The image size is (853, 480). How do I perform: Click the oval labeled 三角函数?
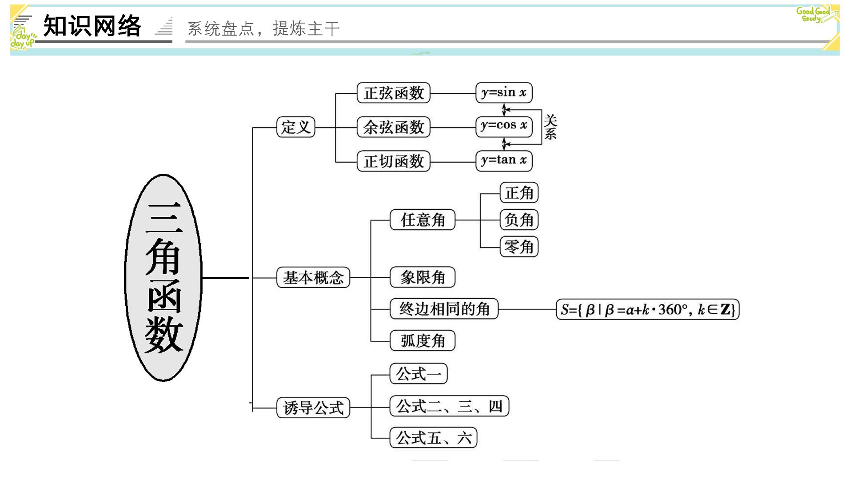click(x=163, y=278)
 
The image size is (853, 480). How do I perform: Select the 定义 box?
click(x=295, y=127)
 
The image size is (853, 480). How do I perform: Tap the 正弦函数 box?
click(x=394, y=93)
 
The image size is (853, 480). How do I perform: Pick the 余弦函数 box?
click(x=394, y=127)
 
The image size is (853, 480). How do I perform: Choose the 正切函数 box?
click(x=394, y=161)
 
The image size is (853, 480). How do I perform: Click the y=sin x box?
click(x=504, y=92)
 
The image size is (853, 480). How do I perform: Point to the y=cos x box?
click(x=504, y=127)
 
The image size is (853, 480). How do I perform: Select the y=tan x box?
click(x=504, y=160)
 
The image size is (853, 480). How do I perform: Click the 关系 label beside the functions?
click(x=550, y=127)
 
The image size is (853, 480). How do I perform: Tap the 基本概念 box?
click(x=313, y=277)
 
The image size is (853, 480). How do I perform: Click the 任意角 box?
click(x=423, y=220)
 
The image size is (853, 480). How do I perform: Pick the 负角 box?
click(x=519, y=220)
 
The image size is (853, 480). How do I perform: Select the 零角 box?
click(x=519, y=247)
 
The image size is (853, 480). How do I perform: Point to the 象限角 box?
click(x=423, y=277)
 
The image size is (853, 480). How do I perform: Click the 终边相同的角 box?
click(x=444, y=309)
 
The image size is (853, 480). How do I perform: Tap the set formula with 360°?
click(x=648, y=309)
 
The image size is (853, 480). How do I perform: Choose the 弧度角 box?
click(x=423, y=340)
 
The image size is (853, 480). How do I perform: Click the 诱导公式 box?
click(x=313, y=408)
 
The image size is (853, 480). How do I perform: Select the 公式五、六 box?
click(x=434, y=438)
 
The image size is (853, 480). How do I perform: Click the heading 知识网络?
click(x=92, y=26)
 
